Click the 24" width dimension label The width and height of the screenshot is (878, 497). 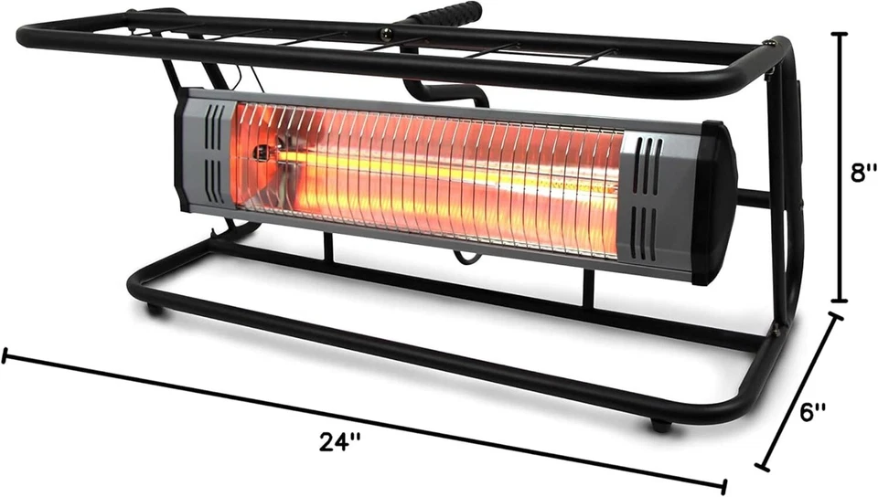coord(340,441)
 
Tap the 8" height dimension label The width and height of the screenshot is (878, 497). coord(862,174)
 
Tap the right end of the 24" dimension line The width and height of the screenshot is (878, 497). coord(725,486)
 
